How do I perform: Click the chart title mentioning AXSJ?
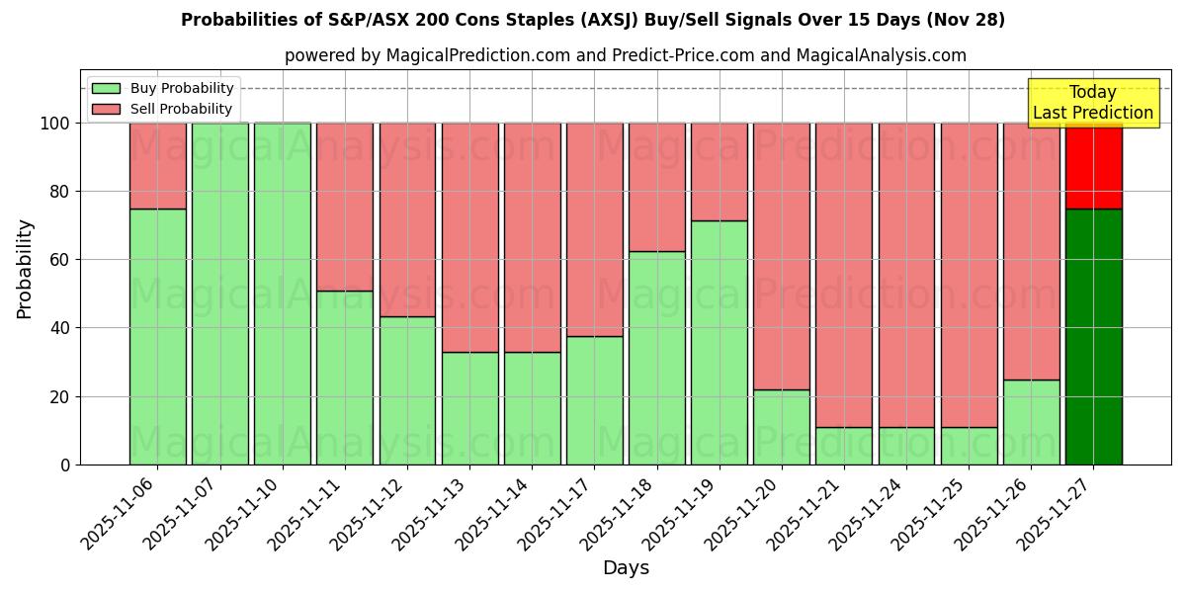pyautogui.click(x=593, y=20)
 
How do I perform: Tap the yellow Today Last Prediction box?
pyautogui.click(x=1092, y=103)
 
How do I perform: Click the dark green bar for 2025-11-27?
pyautogui.click(x=1093, y=336)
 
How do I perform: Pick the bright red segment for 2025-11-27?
pyautogui.click(x=1093, y=166)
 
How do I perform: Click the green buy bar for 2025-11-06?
pyautogui.click(x=157, y=336)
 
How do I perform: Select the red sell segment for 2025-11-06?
pyautogui.click(x=157, y=165)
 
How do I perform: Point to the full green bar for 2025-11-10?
pyautogui.click(x=283, y=294)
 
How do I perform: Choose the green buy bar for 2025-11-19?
pyautogui.click(x=720, y=342)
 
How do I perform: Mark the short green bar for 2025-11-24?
pyautogui.click(x=906, y=446)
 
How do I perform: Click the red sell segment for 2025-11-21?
pyautogui.click(x=844, y=275)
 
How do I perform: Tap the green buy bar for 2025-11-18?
pyautogui.click(x=657, y=358)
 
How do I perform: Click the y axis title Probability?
pyautogui.click(x=25, y=268)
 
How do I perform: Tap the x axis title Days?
pyautogui.click(x=626, y=568)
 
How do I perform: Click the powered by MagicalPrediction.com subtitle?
pyautogui.click(x=626, y=55)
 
